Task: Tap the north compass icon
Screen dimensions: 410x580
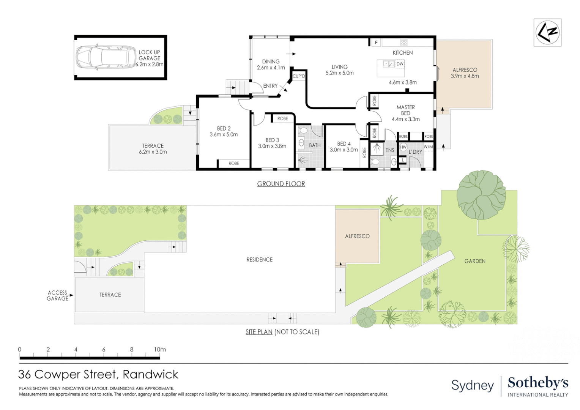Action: [x=547, y=33]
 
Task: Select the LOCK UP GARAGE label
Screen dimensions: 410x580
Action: [x=150, y=55]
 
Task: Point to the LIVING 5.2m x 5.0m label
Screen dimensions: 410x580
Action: [x=339, y=70]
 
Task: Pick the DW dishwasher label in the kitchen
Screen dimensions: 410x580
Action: [x=400, y=64]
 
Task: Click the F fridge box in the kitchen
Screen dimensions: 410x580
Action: [x=376, y=43]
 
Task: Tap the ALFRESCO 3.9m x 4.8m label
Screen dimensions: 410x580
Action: [x=465, y=73]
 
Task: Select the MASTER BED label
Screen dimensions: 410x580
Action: [x=405, y=110]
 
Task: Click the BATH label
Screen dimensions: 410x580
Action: [x=315, y=145]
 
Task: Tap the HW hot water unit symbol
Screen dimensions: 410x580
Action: [x=403, y=147]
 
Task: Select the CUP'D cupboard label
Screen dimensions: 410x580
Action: [x=299, y=76]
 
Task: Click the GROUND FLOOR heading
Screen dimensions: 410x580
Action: [x=281, y=184]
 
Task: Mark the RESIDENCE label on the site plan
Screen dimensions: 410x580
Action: [x=259, y=260]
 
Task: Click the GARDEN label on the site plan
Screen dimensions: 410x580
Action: [x=474, y=261]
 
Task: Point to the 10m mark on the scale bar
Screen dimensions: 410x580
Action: [x=160, y=350]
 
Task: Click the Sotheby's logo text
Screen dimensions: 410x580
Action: [x=537, y=383]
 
